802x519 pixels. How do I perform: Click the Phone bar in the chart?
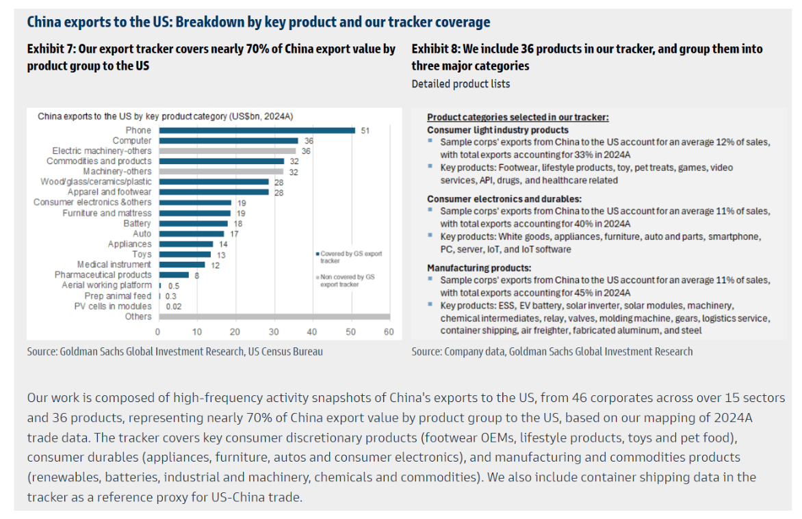[257, 131]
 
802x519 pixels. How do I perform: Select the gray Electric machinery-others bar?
[227, 151]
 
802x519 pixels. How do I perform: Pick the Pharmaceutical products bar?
[173, 275]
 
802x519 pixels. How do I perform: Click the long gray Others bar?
[274, 317]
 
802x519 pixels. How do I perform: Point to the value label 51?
[365, 131]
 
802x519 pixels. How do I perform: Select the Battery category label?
[137, 224]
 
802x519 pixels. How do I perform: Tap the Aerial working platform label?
[106, 285]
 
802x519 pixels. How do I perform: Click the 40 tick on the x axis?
[312, 332]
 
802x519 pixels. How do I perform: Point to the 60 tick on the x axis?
[389, 332]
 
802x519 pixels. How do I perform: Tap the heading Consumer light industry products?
[497, 130]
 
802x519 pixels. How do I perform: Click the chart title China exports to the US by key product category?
[165, 116]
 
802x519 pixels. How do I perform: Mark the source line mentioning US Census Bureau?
[174, 351]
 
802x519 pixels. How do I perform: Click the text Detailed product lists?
[461, 84]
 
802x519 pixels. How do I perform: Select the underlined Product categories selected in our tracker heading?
[517, 118]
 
